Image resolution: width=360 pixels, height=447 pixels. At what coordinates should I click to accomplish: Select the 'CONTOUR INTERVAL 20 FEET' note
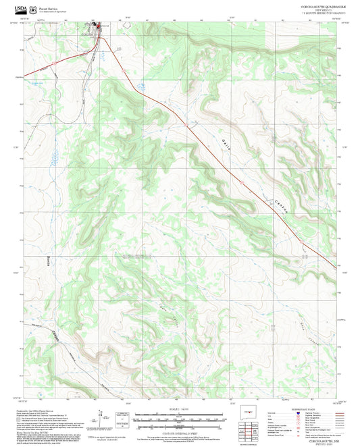[179, 431]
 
